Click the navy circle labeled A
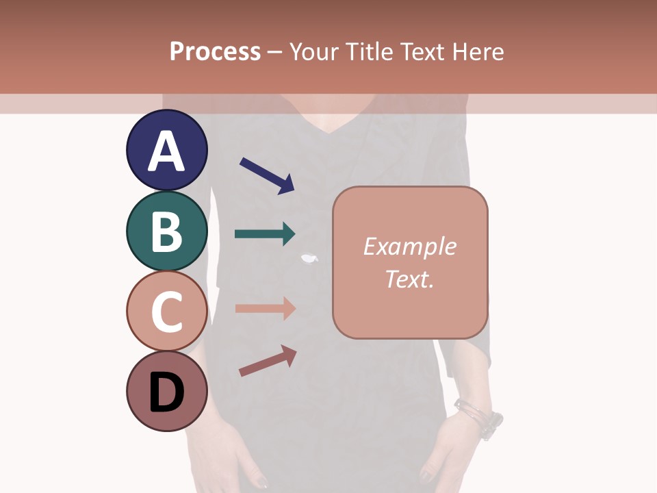click(x=167, y=151)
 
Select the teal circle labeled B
click(x=167, y=231)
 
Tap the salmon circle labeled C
click(x=167, y=312)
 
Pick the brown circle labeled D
click(x=167, y=392)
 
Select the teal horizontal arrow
click(x=265, y=234)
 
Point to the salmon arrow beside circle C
click(x=265, y=308)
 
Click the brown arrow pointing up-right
click(x=268, y=361)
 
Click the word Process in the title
click(x=215, y=52)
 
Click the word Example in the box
click(x=409, y=246)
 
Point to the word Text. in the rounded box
click(x=409, y=279)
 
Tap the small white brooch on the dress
click(x=311, y=258)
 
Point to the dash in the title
click(x=274, y=52)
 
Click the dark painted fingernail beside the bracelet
click(x=426, y=474)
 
